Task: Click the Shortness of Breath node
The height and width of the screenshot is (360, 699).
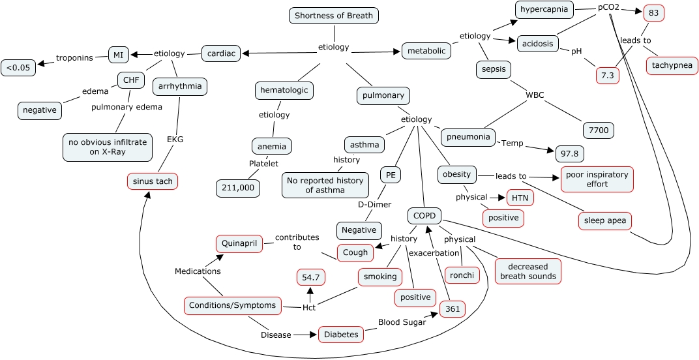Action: (333, 16)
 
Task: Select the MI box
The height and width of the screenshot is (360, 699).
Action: (118, 55)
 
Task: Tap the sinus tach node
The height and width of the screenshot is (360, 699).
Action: (153, 181)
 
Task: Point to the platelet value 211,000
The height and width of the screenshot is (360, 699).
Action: (238, 188)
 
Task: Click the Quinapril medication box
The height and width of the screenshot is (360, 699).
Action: (239, 244)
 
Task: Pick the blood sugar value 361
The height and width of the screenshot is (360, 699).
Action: (452, 310)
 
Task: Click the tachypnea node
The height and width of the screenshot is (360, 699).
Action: (672, 66)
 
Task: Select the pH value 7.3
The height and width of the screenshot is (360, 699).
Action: (607, 76)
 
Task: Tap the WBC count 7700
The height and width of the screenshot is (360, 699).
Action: (598, 130)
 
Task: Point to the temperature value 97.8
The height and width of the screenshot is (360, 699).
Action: (569, 154)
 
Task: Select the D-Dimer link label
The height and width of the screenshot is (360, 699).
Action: (374, 204)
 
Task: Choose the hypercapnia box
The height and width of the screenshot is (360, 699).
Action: (545, 9)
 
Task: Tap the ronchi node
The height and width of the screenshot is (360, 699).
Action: (462, 275)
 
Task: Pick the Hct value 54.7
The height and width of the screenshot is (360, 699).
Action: (311, 277)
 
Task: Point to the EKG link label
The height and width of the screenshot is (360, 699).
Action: (175, 139)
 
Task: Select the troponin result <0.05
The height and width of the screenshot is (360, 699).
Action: (19, 67)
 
